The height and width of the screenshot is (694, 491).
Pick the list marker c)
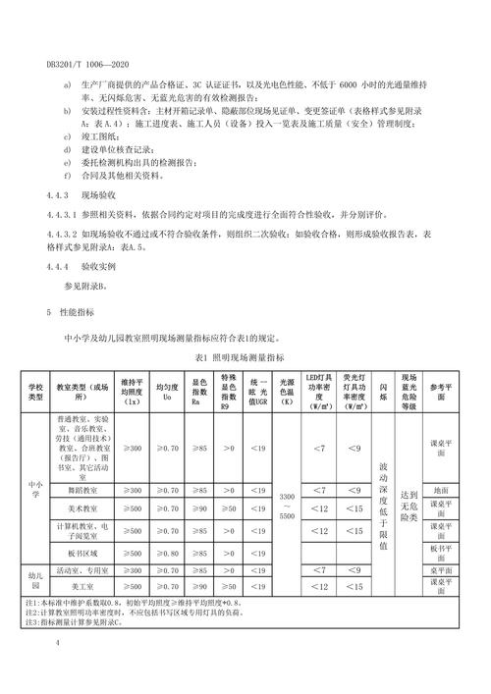pyautogui.click(x=67, y=138)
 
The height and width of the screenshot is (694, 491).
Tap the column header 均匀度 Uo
pyautogui.click(x=169, y=395)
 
